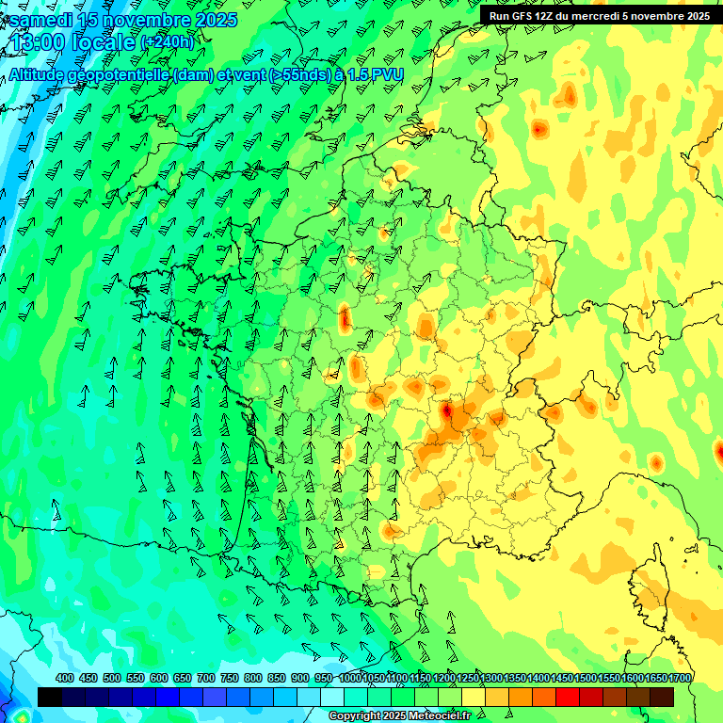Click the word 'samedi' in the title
(x=40, y=19)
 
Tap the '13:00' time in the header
(x=40, y=42)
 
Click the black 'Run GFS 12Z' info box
(x=600, y=16)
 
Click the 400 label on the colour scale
(x=65, y=679)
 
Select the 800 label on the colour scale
(x=253, y=679)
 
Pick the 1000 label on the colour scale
(x=349, y=679)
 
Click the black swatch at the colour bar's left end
(x=50, y=697)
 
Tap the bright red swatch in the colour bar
(x=568, y=697)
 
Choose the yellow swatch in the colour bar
(x=474, y=697)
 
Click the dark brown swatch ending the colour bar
(x=662, y=697)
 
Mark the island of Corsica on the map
(x=654, y=588)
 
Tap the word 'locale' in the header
(x=106, y=42)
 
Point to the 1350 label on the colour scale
(x=515, y=679)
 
